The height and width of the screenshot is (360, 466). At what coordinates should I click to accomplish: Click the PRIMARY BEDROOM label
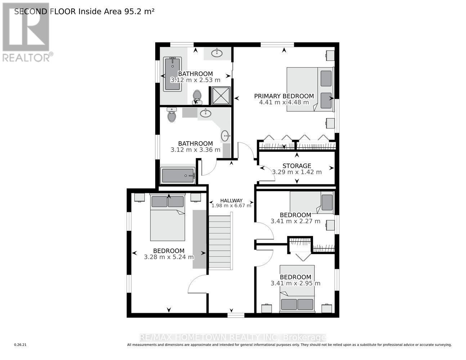[284, 96]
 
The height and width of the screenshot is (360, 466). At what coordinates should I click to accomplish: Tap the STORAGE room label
[296, 166]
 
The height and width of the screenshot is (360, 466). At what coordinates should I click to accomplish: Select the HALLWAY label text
[231, 201]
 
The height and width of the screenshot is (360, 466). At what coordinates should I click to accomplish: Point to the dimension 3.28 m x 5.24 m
[169, 257]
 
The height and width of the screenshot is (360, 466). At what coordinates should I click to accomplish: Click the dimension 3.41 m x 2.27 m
[295, 221]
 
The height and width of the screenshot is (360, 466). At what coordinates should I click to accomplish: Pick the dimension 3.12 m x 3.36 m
[195, 150]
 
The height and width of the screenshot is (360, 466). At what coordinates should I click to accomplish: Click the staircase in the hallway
[220, 242]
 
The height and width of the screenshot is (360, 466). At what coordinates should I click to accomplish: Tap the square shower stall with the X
[220, 96]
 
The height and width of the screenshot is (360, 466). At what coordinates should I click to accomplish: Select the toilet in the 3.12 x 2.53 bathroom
[197, 96]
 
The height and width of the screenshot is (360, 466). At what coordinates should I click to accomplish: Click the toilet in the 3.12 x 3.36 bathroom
[171, 115]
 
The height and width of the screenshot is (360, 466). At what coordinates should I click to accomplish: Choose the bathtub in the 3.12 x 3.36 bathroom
[178, 176]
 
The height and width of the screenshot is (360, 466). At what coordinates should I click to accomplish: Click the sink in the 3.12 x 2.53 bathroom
[217, 54]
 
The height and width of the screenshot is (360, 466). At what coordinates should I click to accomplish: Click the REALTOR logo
[27, 32]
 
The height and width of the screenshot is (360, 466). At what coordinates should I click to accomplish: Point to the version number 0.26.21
[20, 345]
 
